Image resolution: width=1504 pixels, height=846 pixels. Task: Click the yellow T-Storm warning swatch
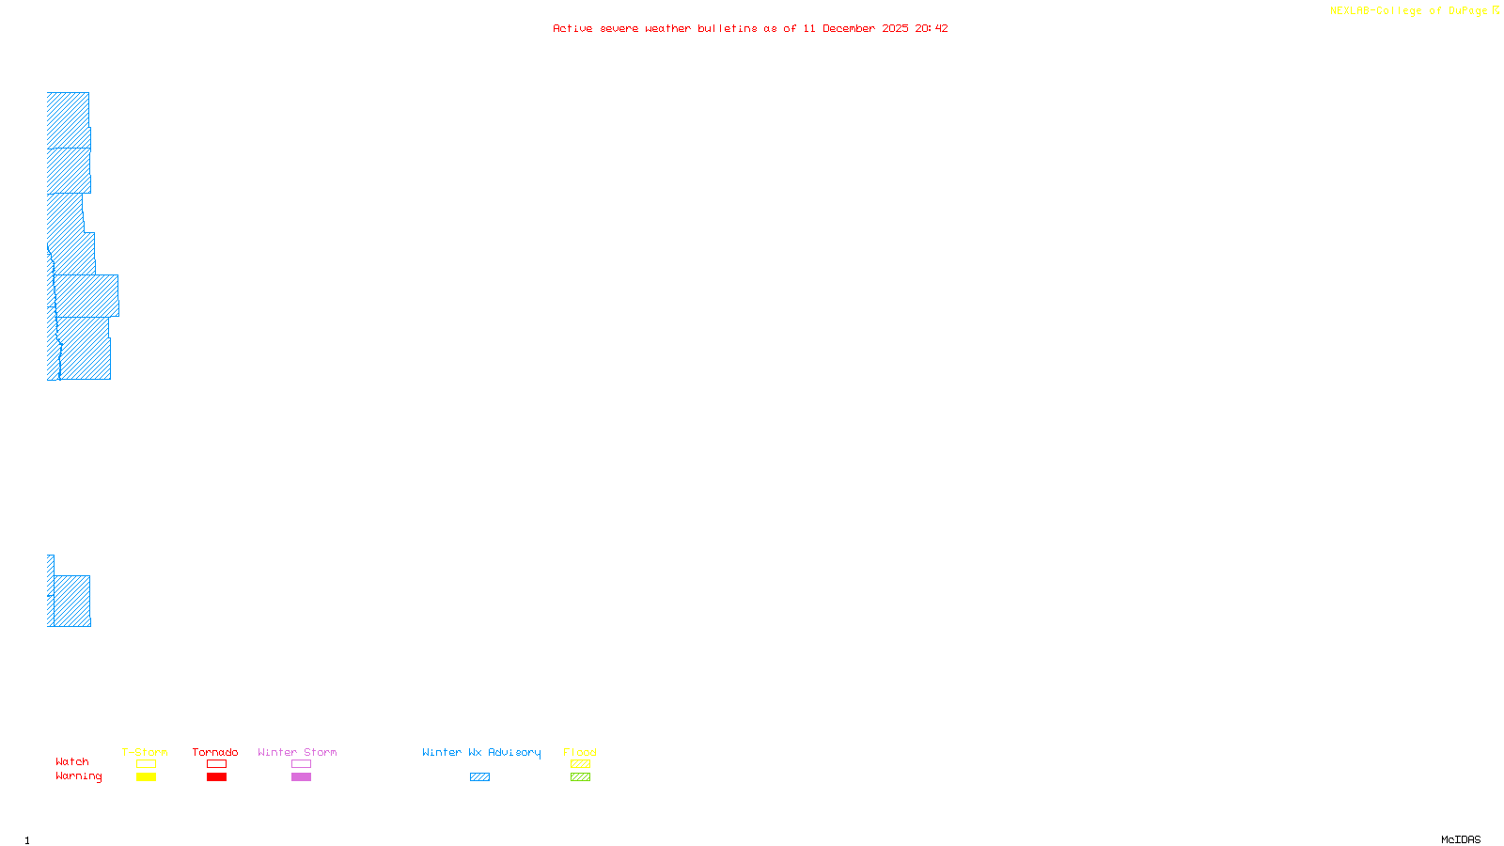coord(146,777)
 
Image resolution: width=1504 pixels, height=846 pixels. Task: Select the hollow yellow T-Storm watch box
coord(146,764)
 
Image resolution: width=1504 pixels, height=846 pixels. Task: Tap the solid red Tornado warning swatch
coord(216,777)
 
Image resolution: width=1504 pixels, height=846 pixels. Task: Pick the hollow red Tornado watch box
coord(216,764)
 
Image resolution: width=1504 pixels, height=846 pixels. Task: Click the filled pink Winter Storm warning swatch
coord(301,777)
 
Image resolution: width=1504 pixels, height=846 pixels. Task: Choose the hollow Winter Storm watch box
coord(301,764)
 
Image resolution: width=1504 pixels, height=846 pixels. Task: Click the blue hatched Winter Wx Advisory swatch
coord(479,777)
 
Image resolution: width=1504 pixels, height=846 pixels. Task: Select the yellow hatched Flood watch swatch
coord(580,764)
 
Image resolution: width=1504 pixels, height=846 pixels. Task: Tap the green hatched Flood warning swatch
coord(580,777)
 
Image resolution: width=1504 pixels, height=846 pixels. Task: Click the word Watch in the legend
coord(72,762)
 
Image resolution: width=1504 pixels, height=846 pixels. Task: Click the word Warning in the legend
coord(78,776)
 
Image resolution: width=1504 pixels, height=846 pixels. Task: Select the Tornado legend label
coord(215,752)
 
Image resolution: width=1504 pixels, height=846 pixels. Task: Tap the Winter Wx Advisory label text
coord(481,752)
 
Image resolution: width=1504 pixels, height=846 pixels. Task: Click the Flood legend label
coord(580,752)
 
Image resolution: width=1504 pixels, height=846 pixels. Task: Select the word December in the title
coord(849,29)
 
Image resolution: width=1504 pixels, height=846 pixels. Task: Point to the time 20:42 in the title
coord(932,29)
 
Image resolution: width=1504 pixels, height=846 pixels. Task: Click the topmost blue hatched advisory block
coord(68,119)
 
